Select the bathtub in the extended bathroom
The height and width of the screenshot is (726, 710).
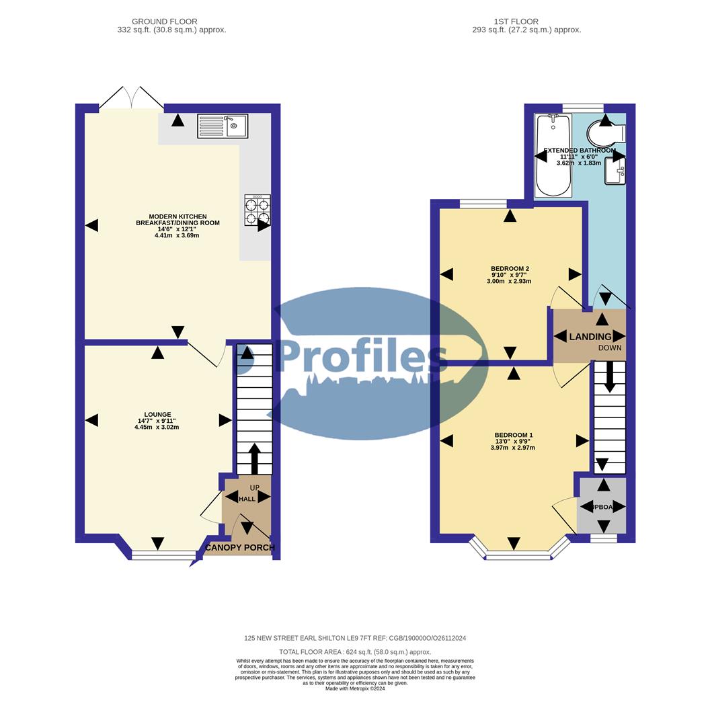click(553, 155)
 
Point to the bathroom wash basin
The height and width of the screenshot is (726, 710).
click(616, 170)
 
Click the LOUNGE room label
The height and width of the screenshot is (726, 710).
click(157, 415)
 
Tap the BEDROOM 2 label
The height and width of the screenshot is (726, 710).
click(510, 269)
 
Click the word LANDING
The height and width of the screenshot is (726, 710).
click(590, 337)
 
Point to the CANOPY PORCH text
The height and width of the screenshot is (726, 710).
click(240, 548)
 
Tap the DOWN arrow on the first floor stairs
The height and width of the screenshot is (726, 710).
click(609, 377)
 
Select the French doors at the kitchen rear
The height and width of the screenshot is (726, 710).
click(131, 99)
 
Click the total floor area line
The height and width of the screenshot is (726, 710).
click(355, 652)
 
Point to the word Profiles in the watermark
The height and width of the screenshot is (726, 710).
click(362, 356)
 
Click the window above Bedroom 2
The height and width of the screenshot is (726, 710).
click(483, 203)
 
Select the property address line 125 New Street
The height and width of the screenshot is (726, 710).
click(355, 638)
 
